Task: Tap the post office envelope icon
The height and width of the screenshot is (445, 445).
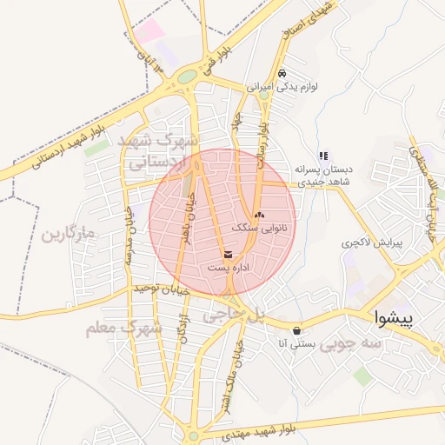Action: (228, 254)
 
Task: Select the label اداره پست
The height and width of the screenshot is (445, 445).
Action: (229, 268)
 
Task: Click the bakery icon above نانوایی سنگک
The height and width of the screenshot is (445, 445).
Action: (258, 213)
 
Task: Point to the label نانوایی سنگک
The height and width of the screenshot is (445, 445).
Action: (258, 227)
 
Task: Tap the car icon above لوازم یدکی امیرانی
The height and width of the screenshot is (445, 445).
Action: (282, 74)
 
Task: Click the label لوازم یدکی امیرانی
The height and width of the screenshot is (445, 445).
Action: (282, 88)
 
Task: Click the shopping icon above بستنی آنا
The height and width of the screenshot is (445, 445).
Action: (298, 329)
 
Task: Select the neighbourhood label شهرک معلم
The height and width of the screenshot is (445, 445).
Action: (123, 329)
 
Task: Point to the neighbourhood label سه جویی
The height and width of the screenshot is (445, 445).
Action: (350, 343)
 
